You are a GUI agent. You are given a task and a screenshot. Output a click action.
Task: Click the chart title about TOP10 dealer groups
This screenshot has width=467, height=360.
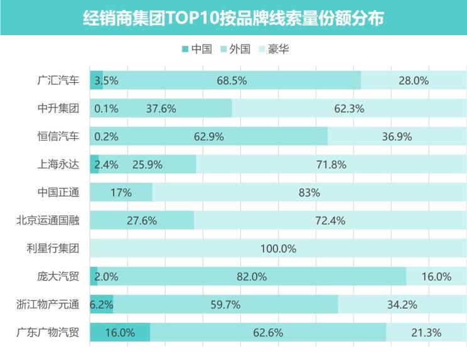pos(233,18)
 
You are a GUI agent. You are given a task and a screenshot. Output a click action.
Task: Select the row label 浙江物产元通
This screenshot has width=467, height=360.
pos(49,305)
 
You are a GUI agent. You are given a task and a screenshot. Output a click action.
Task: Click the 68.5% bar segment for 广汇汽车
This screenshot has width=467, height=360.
pos(232,80)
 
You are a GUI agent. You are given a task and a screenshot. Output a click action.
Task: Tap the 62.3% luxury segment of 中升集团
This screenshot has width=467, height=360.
pos(349,109)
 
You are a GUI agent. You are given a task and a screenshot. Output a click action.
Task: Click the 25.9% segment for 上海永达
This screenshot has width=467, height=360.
pos(148,165)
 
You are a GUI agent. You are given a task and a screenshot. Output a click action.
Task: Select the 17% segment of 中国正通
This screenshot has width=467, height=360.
pos(121,192)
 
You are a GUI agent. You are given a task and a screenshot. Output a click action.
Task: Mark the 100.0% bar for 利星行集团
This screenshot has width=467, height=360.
pos(278,248)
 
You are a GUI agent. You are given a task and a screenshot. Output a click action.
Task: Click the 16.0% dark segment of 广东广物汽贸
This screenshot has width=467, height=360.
pos(120,333)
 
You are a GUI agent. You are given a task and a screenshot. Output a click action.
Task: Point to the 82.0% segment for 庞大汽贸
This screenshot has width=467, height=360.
pos(252,276)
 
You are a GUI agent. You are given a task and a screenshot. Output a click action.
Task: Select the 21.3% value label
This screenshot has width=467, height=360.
pos(426,333)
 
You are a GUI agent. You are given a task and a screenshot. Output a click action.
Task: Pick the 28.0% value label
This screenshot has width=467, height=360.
pos(413,80)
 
